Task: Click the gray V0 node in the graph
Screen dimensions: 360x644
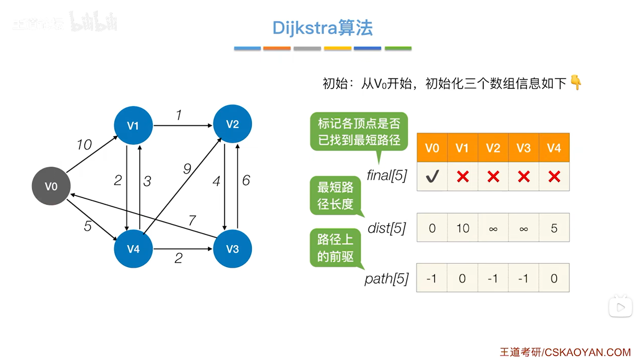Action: (x=51, y=186)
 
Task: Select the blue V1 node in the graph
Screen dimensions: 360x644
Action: (x=133, y=126)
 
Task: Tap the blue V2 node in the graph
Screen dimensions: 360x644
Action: (x=232, y=124)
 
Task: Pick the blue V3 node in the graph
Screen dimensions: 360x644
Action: (x=232, y=249)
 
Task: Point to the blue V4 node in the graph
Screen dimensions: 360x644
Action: (x=133, y=249)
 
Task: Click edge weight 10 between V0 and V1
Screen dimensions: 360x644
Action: (x=84, y=145)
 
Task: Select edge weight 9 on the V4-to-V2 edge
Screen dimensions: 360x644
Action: (x=187, y=169)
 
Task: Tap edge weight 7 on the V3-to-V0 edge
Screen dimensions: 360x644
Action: (x=192, y=221)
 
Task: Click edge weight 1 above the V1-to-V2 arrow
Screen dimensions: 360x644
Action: (x=179, y=115)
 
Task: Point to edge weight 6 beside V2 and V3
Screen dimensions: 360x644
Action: (x=246, y=181)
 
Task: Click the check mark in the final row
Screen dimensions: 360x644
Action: (x=432, y=176)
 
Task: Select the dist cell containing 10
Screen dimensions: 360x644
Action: (x=463, y=228)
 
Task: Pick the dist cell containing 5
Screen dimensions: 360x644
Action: (x=554, y=228)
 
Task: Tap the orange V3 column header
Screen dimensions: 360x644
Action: (x=523, y=148)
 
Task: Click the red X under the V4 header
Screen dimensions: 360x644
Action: (x=554, y=176)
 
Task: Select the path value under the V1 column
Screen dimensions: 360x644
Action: (x=462, y=278)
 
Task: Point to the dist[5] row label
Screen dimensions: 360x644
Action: (x=387, y=228)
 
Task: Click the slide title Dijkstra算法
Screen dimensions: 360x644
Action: (x=323, y=28)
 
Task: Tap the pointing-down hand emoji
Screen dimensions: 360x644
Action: (x=576, y=82)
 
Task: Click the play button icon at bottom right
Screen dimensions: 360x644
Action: (x=620, y=307)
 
